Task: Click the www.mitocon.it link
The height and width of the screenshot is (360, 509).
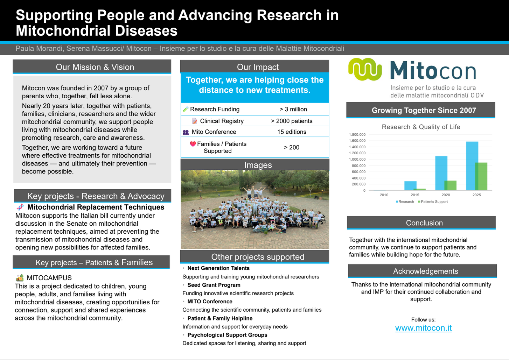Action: tap(423, 328)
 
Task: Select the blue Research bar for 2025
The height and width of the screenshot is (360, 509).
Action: tap(472, 166)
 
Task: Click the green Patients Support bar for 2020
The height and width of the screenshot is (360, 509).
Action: tap(451, 185)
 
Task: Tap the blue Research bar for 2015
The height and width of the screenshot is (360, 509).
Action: tap(410, 186)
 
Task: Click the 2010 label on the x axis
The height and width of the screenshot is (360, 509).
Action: tap(384, 195)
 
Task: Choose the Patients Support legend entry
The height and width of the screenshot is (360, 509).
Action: tap(433, 202)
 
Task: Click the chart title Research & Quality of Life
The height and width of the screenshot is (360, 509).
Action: tap(421, 127)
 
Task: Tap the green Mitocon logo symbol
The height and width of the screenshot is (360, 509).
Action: tap(365, 69)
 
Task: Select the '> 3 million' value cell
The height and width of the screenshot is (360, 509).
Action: tap(293, 109)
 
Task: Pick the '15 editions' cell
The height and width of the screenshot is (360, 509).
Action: tap(292, 132)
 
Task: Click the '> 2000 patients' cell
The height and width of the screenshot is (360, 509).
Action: tap(292, 121)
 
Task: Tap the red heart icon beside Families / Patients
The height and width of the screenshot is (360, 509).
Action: tap(193, 144)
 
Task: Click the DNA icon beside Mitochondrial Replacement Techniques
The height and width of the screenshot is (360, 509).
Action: tap(20, 207)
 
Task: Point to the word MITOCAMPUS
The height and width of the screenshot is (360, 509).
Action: tap(49, 278)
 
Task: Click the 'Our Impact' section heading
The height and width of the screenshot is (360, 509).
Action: tap(258, 67)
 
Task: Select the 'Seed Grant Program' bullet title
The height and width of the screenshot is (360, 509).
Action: tap(214, 285)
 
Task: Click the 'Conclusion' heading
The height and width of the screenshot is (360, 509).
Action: tap(424, 223)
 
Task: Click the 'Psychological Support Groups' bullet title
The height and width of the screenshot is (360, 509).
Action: tap(227, 335)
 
